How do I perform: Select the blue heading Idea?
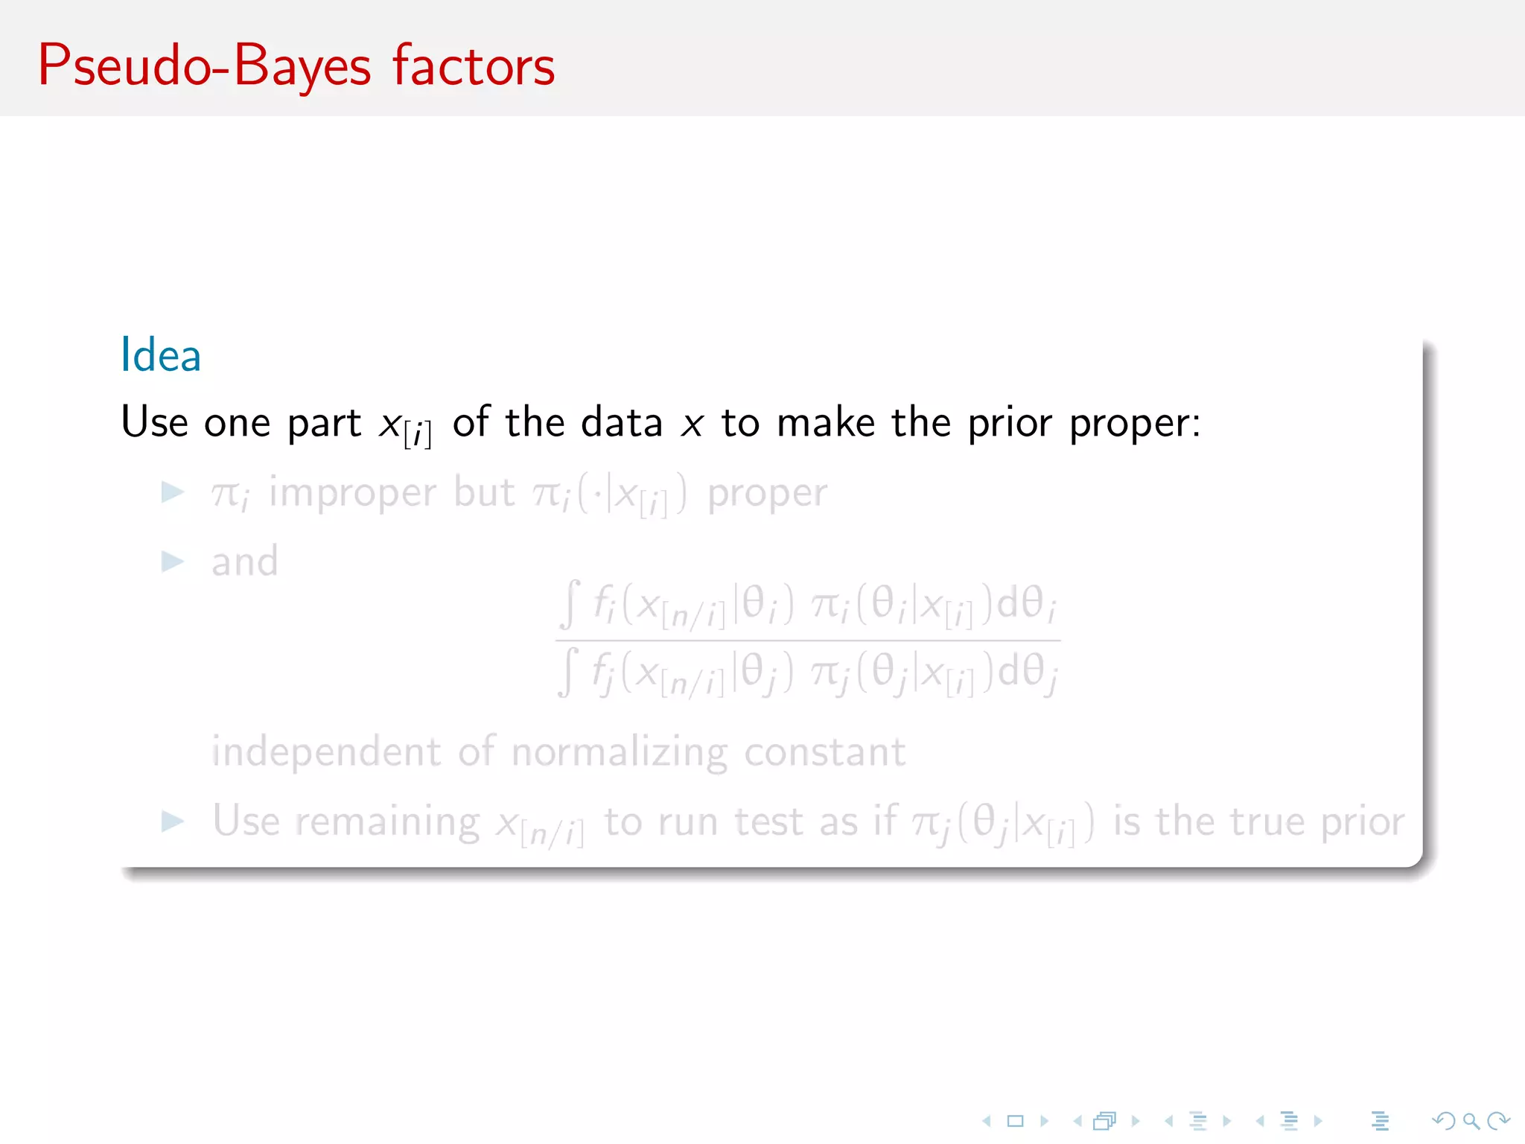pos(161,355)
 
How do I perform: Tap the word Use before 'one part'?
pos(154,422)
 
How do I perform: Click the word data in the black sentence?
pos(622,422)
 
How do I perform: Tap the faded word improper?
pos(352,493)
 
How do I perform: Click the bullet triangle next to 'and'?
pos(173,562)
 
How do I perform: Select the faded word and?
pos(244,562)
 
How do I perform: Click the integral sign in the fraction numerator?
pos(570,604)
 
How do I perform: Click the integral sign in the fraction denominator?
pos(568,672)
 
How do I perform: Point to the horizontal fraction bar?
pos(808,640)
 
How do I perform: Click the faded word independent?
pos(326,752)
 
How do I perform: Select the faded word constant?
pos(825,752)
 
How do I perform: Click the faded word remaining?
pos(387,822)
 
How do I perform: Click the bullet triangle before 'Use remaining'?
pos(173,822)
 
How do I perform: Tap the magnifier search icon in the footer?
pos(1471,1121)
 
